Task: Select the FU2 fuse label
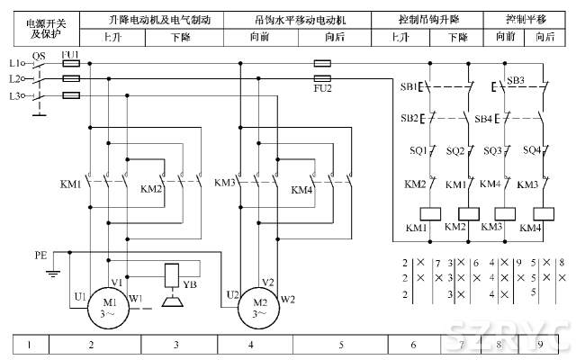point(322,88)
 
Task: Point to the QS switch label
point(38,55)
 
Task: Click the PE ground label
point(40,255)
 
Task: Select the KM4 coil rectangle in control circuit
point(543,214)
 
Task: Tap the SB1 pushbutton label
point(409,87)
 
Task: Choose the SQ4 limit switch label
point(531,150)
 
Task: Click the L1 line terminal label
point(13,64)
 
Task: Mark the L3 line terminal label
point(13,94)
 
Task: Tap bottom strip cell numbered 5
point(341,344)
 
